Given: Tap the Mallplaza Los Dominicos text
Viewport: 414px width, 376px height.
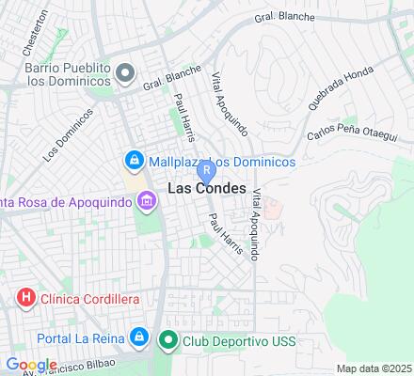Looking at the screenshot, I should tap(222, 162).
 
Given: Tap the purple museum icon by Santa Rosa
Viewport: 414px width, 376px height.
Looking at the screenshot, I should tap(146, 201).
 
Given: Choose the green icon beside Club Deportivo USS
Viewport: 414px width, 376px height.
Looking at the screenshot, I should tap(168, 340).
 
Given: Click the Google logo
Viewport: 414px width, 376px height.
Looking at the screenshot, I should tap(31, 365).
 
